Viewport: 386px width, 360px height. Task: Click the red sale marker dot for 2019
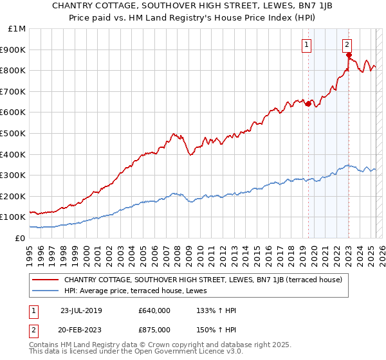pyautogui.click(x=308, y=104)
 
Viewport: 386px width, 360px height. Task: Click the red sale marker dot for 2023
pyautogui.click(x=349, y=55)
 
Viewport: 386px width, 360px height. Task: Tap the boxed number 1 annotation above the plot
pyautogui.click(x=306, y=44)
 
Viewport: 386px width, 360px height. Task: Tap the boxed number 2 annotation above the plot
pyautogui.click(x=347, y=44)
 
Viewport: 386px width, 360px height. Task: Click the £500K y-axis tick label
pyautogui.click(x=14, y=133)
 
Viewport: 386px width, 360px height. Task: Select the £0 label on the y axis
pyautogui.click(x=19, y=238)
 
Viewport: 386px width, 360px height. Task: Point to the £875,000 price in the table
pyautogui.click(x=154, y=330)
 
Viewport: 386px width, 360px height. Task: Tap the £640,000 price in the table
pyautogui.click(x=154, y=310)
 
